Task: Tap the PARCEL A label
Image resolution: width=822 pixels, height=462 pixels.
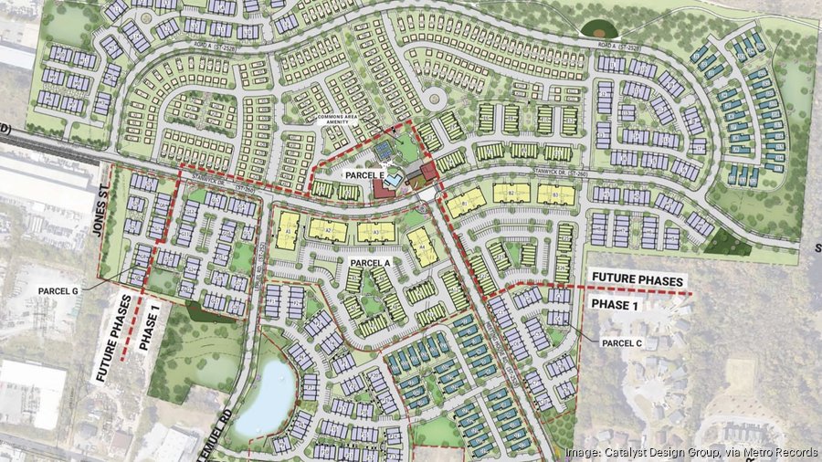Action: click(x=371, y=262)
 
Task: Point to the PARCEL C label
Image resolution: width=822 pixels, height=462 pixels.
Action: click(x=624, y=342)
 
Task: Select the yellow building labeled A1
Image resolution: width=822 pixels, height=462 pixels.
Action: click(x=289, y=230)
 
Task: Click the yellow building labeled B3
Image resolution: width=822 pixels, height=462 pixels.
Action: click(x=555, y=194)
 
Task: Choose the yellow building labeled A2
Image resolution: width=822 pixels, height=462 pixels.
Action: click(x=327, y=231)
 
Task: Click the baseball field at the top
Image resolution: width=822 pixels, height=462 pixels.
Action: click(x=600, y=29)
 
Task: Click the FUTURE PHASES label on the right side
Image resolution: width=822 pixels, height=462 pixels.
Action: click(x=637, y=279)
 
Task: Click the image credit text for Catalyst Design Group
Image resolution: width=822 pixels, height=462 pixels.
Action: click(x=689, y=452)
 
